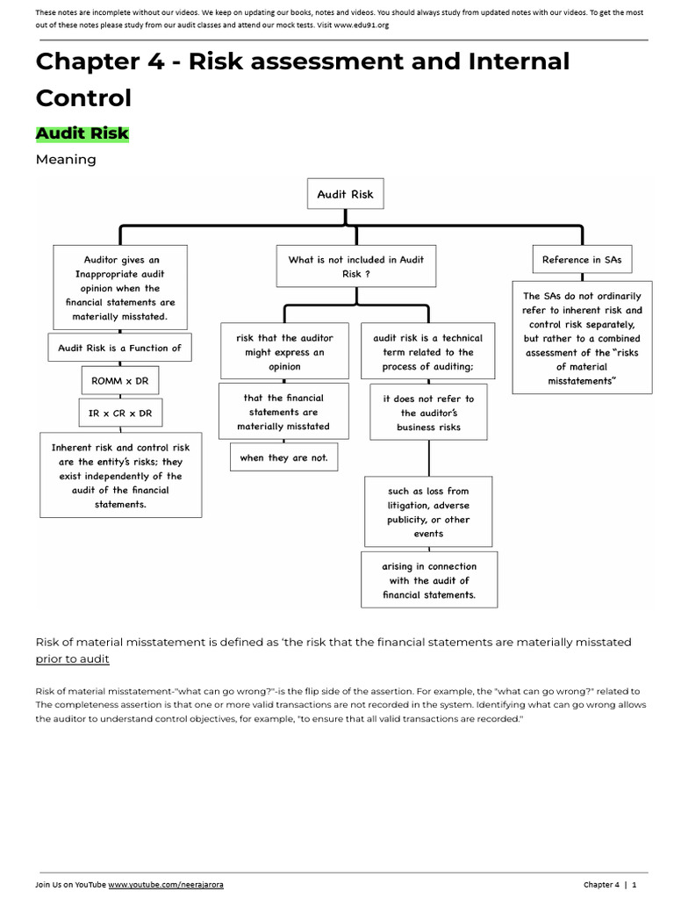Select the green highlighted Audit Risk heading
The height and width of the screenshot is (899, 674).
tap(82, 133)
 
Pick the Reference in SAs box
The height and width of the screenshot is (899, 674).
tap(582, 260)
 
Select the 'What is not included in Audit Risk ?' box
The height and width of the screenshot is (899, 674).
tap(355, 267)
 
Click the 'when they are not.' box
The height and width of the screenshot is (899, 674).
tap(283, 457)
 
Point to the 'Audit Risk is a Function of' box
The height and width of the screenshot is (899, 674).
tap(119, 348)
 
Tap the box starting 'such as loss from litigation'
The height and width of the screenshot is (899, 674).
tap(428, 513)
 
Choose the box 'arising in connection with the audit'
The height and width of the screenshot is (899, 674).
tap(429, 580)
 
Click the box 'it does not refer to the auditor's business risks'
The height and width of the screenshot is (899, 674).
tap(428, 413)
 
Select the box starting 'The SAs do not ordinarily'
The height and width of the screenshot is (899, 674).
tap(582, 338)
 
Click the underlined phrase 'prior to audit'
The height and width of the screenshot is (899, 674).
tap(73, 658)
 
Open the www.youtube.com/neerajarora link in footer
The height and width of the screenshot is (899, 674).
tap(166, 884)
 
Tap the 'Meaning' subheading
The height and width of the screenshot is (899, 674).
tap(66, 160)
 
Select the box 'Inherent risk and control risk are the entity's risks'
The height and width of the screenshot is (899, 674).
tap(120, 476)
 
